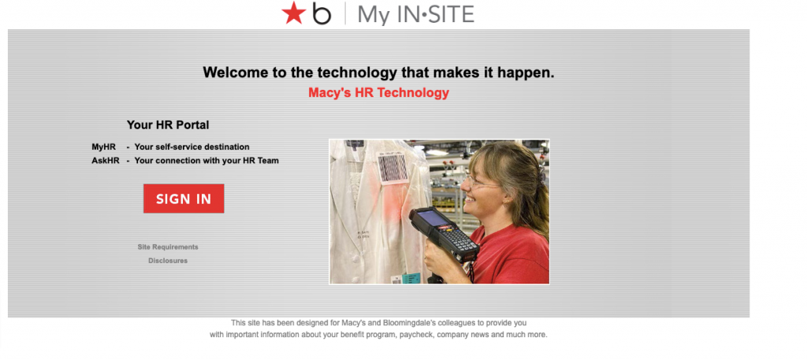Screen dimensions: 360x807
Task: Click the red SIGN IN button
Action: [184, 199]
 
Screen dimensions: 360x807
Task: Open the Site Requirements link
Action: [168, 247]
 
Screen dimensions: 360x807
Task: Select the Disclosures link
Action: [168, 261]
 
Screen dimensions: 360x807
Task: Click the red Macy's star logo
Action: [293, 13]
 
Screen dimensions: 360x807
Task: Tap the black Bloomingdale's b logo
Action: [322, 13]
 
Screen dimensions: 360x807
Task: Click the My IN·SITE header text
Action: [416, 14]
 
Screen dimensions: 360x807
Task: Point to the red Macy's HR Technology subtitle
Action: [378, 93]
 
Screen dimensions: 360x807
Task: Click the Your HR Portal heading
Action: [168, 124]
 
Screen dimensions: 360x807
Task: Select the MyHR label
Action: [103, 147]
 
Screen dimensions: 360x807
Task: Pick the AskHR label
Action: [105, 161]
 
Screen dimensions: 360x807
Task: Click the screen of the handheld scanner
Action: [433, 217]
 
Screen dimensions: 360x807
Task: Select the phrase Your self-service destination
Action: [192, 147]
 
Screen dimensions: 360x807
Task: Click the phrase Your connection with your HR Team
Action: [206, 161]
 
